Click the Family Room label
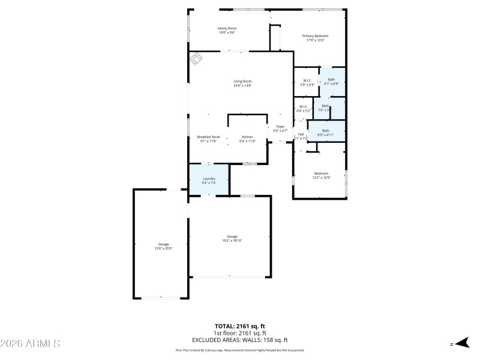click(227, 28)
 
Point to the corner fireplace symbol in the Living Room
click(197, 59)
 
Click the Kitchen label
click(248, 137)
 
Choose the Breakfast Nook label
click(208, 137)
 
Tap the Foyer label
click(280, 127)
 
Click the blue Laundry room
click(209, 179)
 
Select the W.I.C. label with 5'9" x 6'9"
click(307, 80)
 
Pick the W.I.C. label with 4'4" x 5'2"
click(304, 107)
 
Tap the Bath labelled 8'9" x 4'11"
click(326, 131)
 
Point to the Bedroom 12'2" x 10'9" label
click(321, 174)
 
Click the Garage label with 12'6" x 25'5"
click(163, 244)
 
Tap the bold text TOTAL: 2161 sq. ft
click(240, 326)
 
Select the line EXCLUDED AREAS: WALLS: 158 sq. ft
click(240, 339)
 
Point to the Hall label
click(301, 134)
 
